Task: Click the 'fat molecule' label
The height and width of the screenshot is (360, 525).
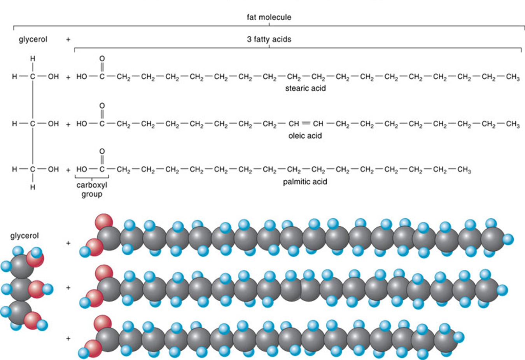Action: point(269,17)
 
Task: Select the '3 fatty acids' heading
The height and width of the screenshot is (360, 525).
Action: point(269,39)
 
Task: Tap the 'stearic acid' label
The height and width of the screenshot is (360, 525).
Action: point(305,88)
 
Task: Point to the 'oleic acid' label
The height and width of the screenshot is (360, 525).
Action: point(305,135)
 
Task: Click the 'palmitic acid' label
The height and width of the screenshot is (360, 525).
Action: point(305,182)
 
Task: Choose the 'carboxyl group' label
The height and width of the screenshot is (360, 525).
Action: point(92,190)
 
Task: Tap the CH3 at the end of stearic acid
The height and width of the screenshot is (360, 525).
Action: point(513,77)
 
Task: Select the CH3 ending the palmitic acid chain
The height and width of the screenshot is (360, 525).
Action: point(464,170)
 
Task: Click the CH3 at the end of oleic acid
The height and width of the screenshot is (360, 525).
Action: point(513,124)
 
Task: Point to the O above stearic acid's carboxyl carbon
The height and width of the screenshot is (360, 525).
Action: point(102,59)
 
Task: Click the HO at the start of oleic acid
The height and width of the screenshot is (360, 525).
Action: point(82,124)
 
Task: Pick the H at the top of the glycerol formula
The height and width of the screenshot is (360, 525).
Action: point(33,59)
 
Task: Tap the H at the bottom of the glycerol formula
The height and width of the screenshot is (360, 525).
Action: point(33,187)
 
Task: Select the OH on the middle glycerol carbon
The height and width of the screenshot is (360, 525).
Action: point(53,124)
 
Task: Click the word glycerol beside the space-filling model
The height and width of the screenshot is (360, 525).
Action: point(24,236)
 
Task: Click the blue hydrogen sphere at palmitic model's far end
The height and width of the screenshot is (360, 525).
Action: point(458,337)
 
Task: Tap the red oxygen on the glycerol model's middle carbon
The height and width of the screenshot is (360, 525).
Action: point(37,289)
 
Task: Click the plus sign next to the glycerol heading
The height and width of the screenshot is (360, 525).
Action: point(68,39)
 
